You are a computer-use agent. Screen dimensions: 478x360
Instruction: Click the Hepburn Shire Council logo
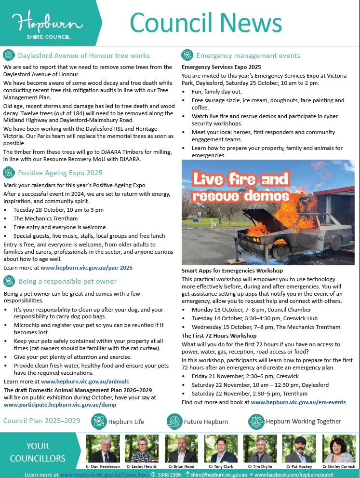(x=42, y=25)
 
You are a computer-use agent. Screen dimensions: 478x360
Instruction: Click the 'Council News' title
(x=206, y=23)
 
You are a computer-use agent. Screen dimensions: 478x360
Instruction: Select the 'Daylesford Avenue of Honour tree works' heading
(x=84, y=55)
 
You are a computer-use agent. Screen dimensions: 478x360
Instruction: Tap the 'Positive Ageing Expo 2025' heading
(x=60, y=173)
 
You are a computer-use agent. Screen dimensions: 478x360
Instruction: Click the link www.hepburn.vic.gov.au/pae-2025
(x=86, y=267)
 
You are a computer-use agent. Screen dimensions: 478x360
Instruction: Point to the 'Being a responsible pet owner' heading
(x=67, y=281)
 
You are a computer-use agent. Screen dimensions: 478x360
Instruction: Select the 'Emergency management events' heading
(x=248, y=55)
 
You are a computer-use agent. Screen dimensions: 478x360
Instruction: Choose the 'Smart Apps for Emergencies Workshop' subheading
(x=232, y=271)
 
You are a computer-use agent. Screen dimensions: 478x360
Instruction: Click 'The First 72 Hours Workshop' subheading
(x=219, y=335)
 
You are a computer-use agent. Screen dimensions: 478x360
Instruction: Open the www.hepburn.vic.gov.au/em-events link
(x=298, y=402)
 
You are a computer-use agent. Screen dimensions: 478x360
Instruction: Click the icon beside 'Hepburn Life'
(x=99, y=421)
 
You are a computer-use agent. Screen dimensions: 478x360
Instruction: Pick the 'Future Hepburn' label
(x=206, y=422)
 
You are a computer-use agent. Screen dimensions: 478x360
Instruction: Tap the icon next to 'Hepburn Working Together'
(x=256, y=421)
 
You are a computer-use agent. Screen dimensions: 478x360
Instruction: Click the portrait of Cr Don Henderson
(x=103, y=449)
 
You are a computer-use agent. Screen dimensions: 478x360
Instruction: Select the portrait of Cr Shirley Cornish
(x=338, y=449)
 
